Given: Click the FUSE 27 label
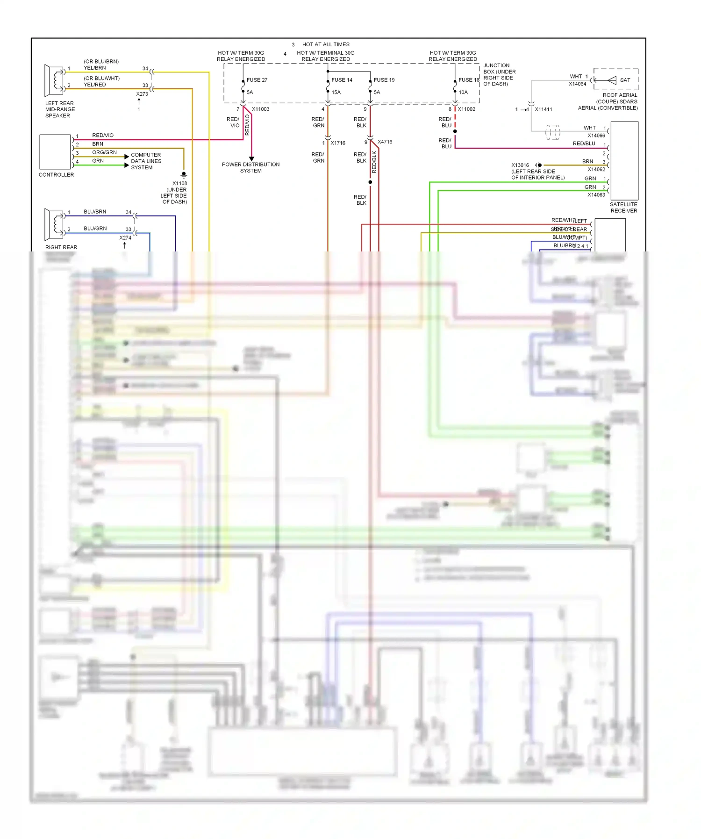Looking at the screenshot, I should tap(257, 80).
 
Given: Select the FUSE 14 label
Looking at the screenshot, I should tap(342, 80).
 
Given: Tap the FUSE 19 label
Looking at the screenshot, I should tap(384, 80).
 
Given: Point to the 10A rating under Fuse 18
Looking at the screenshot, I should tap(463, 93).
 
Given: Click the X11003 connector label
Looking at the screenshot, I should tap(260, 109).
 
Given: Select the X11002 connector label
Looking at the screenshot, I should tap(466, 109).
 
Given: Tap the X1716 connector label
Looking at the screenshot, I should tap(338, 143).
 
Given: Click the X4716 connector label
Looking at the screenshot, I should tap(385, 142).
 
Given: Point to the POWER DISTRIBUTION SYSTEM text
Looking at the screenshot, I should tap(251, 168).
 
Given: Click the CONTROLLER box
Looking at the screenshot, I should tap(55, 152).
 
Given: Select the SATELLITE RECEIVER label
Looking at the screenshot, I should tap(623, 208).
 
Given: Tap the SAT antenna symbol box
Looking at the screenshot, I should tap(615, 79).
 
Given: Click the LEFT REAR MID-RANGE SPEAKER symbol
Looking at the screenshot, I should tap(55, 80).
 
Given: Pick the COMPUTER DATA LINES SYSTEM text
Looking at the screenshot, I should tap(146, 161).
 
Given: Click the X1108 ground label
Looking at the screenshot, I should tap(179, 184).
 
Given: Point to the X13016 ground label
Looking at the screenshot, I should tap(520, 165).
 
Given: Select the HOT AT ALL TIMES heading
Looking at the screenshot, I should tap(326, 45).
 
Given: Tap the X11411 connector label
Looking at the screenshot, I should tap(543, 110).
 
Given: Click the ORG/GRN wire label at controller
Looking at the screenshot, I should tap(104, 152).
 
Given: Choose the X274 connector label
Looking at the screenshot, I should tap(125, 238).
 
